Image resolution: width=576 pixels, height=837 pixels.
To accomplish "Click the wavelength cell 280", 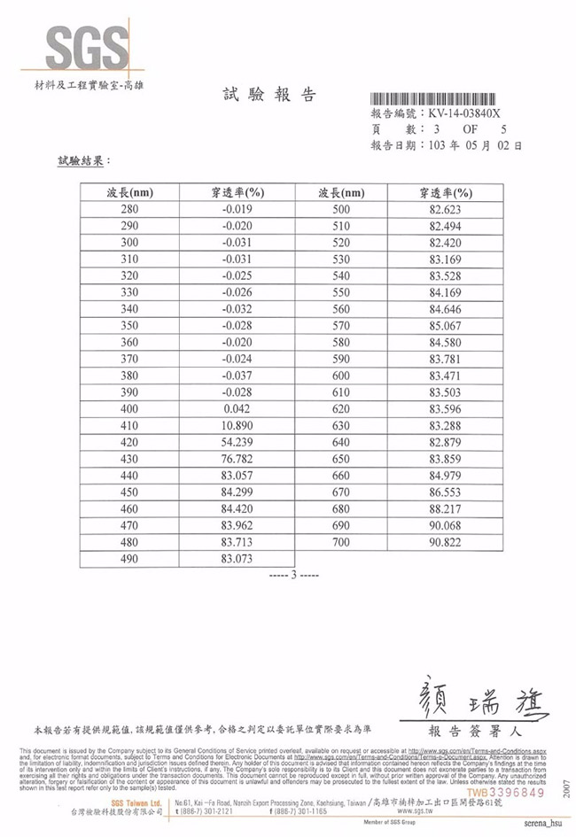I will click(x=129, y=210).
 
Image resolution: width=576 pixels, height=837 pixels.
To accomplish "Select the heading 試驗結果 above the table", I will click(x=84, y=162).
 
